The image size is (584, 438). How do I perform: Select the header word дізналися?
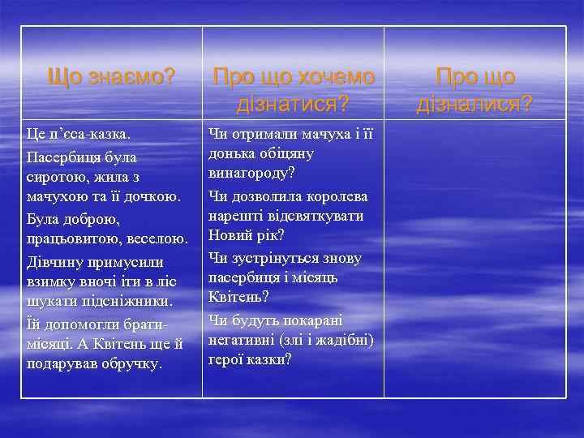pos(474,104)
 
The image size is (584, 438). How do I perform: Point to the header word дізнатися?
pos(293,104)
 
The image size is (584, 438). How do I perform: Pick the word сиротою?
pos(54,175)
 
